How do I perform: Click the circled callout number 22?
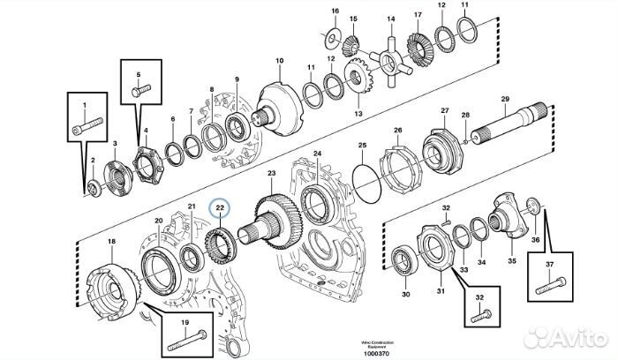pyautogui.click(x=220, y=210)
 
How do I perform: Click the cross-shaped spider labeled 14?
pyautogui.click(x=388, y=59)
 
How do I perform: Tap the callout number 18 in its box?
pyautogui.click(x=111, y=241)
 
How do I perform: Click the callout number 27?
pyautogui.click(x=444, y=111)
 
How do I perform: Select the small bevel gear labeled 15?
pyautogui.click(x=350, y=39)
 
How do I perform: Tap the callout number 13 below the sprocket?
pyautogui.click(x=358, y=113)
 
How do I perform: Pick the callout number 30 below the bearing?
pyautogui.click(x=405, y=295)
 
